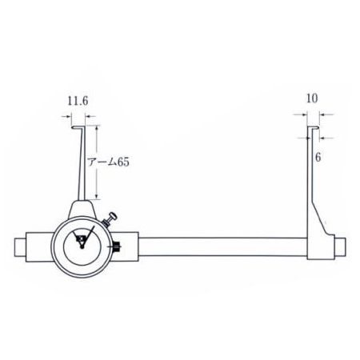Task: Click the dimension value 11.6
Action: [x=78, y=102]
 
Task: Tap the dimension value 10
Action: [x=312, y=98]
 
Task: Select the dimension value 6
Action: [x=318, y=158]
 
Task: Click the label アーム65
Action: [x=109, y=162]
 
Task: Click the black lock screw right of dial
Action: [x=117, y=246]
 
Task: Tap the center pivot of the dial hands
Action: [x=82, y=247]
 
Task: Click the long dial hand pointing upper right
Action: [x=88, y=236]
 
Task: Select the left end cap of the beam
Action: [x=20, y=247]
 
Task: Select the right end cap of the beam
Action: [x=340, y=247]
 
